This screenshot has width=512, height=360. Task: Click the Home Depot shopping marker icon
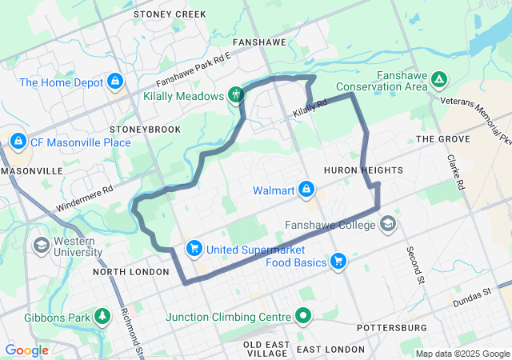[115, 82]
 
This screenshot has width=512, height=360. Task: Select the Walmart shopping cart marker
[305, 190]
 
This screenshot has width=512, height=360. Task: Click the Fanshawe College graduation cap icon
[389, 224]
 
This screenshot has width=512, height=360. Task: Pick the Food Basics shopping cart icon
[338, 262]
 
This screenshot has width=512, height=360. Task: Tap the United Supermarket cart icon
[194, 250]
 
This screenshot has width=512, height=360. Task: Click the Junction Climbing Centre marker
[303, 316]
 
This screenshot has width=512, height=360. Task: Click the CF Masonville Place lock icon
[17, 142]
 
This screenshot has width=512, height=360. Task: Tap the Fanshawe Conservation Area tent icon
[438, 79]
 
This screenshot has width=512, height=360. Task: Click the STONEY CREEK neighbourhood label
[170, 14]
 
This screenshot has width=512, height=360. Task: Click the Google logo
[27, 350]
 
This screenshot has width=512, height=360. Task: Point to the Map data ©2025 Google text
[462, 354]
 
